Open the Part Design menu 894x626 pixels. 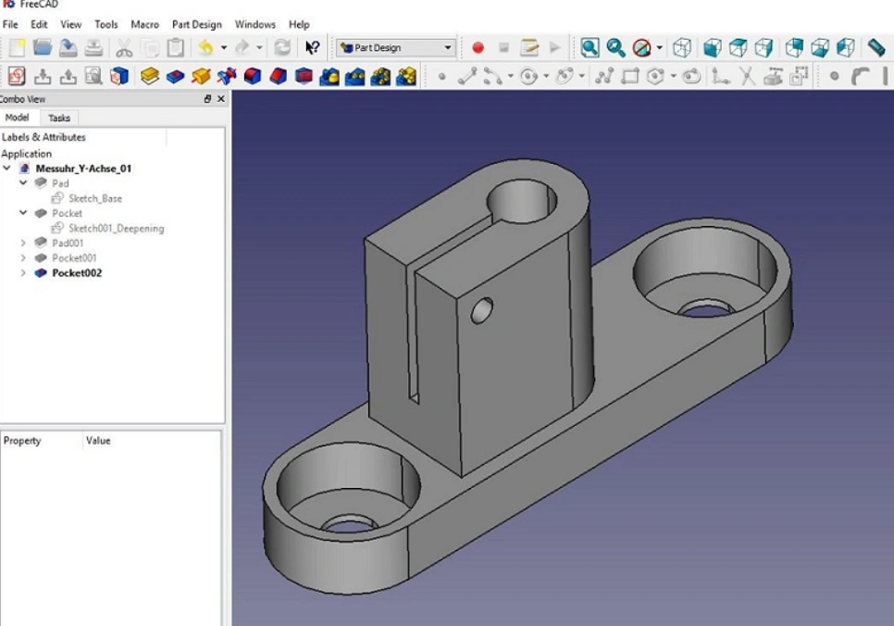(x=196, y=24)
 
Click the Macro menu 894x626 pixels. (x=144, y=24)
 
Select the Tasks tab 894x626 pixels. (x=59, y=118)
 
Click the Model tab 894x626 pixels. (x=17, y=118)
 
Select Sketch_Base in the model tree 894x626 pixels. (x=94, y=198)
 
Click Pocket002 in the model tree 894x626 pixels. (x=76, y=273)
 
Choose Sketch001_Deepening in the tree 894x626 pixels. (x=116, y=228)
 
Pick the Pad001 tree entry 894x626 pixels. (x=68, y=243)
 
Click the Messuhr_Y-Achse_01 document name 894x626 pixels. (x=83, y=169)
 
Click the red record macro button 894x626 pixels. (x=478, y=47)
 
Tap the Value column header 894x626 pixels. (x=98, y=441)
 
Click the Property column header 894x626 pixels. (x=22, y=441)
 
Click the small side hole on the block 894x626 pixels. (x=481, y=311)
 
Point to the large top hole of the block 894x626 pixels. (x=521, y=200)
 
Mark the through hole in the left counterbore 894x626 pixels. (x=349, y=525)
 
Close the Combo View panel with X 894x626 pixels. (x=221, y=99)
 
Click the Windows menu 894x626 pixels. (x=255, y=24)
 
